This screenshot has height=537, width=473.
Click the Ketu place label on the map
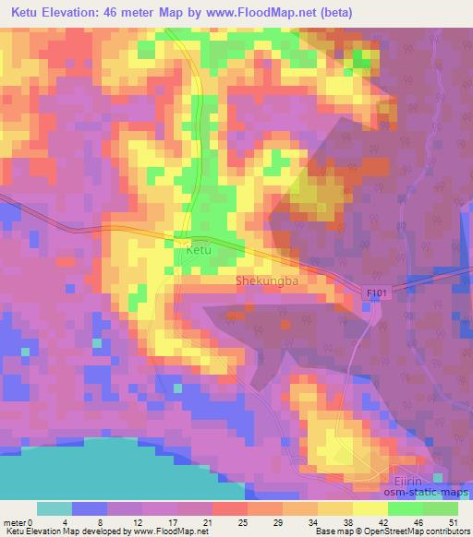(x=199, y=250)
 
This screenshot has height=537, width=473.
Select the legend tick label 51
(x=454, y=522)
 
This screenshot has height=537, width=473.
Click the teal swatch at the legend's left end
(x=55, y=508)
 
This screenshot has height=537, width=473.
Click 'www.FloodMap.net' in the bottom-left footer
(x=168, y=531)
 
